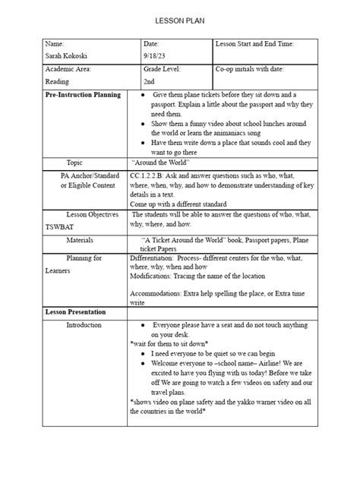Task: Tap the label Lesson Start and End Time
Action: click(255, 44)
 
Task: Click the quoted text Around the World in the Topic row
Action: click(161, 162)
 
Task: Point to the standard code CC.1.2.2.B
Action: click(152, 175)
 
